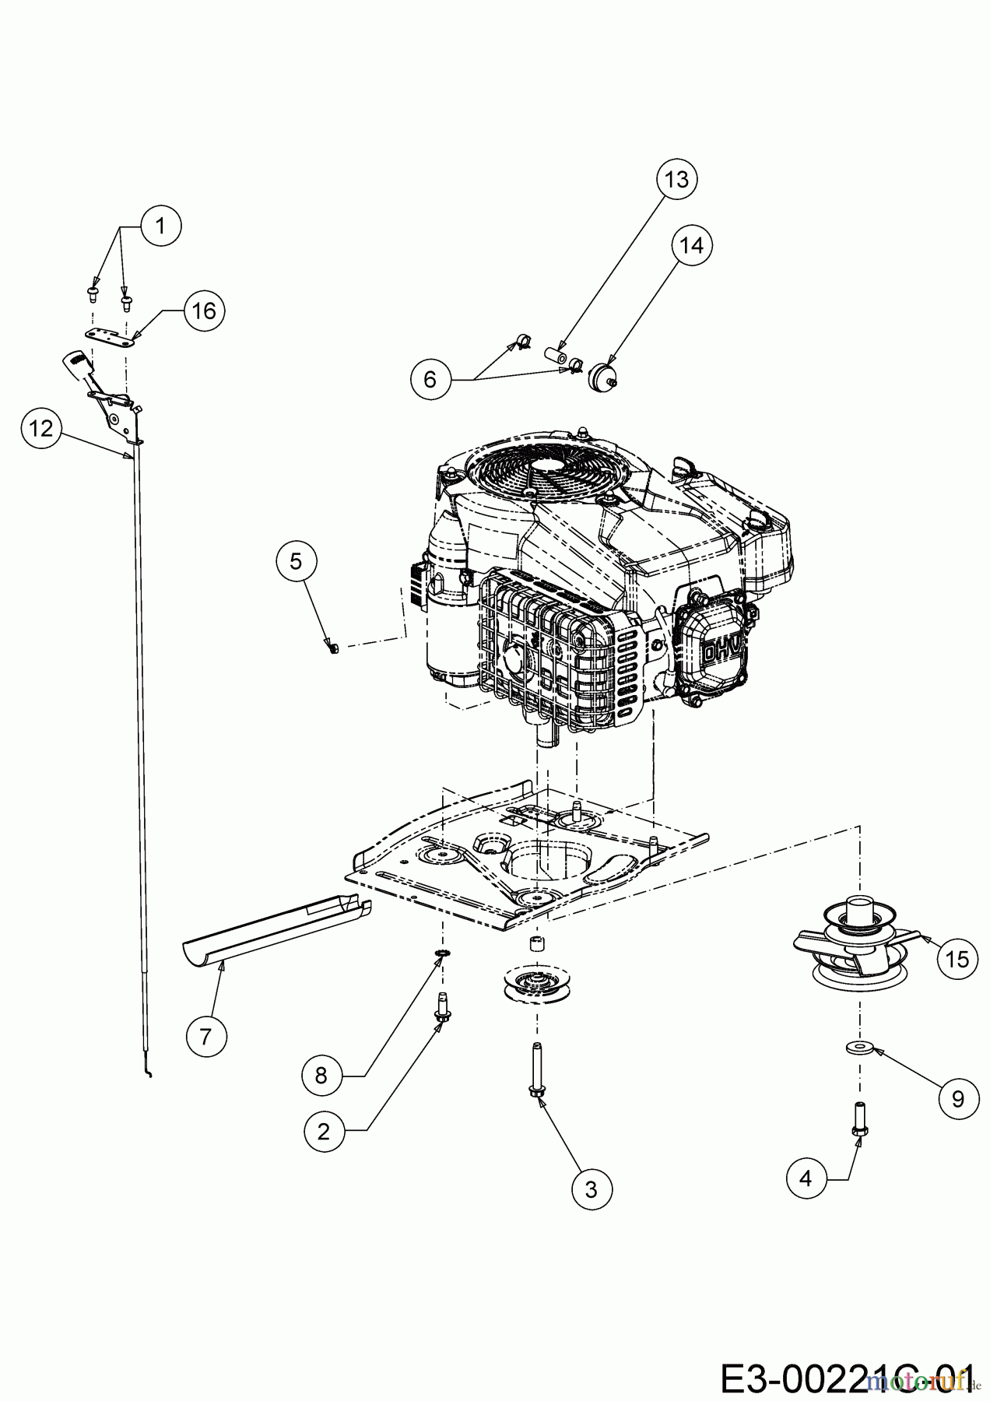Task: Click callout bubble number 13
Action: (676, 180)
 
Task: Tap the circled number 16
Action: (204, 311)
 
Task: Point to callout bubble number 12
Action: (42, 428)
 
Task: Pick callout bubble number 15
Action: (957, 959)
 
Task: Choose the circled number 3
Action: (591, 1189)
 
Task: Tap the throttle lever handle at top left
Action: (76, 363)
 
